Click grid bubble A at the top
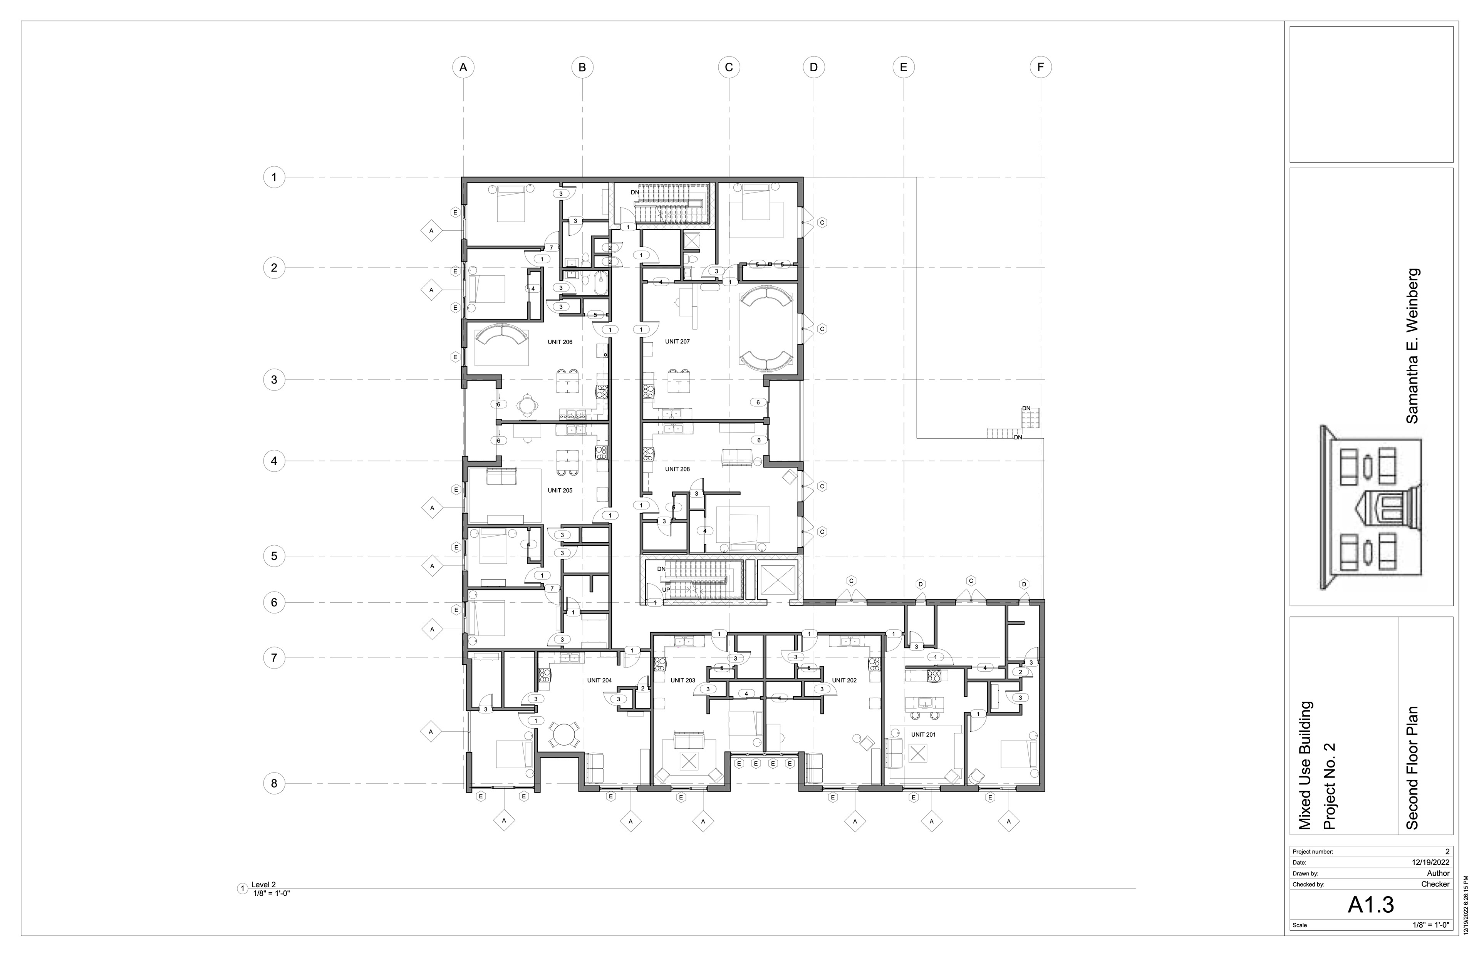point(463,67)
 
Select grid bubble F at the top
point(1041,67)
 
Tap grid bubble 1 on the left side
point(274,177)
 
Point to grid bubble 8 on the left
point(274,784)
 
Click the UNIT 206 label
point(560,342)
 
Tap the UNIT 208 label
point(677,469)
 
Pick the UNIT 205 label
point(560,490)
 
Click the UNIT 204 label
point(600,680)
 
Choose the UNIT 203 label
point(682,680)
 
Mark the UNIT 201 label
point(924,734)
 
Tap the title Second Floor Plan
point(1412,768)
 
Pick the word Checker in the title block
point(1435,884)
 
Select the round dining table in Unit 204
point(563,734)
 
